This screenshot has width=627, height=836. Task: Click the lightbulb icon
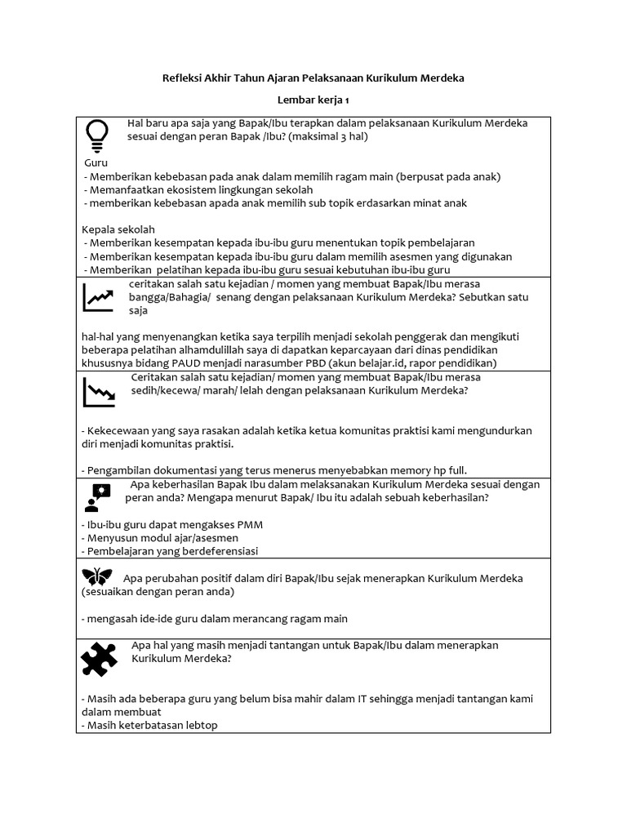(97, 136)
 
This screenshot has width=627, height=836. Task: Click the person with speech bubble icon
(97, 495)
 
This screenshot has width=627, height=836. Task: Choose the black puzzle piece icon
(99, 658)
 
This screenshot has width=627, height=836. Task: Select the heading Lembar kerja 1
(313, 100)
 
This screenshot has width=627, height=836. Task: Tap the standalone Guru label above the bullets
(96, 163)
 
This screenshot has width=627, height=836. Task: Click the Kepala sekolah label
(118, 229)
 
